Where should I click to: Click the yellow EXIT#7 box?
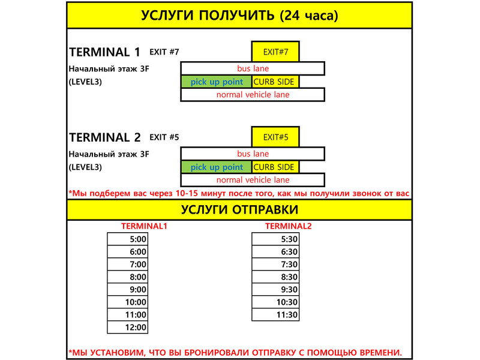pyautogui.click(x=275, y=52)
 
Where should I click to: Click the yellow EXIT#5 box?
pyautogui.click(x=275, y=137)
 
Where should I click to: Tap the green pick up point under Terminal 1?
pyautogui.click(x=216, y=82)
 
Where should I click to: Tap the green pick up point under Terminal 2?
pyautogui.click(x=216, y=167)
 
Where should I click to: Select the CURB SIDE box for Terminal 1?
pyautogui.click(x=274, y=82)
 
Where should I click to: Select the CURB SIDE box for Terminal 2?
pyautogui.click(x=274, y=167)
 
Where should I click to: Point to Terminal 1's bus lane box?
pyautogui.click(x=253, y=68)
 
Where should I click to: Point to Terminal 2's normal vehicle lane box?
pyautogui.click(x=253, y=180)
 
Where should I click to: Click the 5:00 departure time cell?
pyautogui.click(x=127, y=239)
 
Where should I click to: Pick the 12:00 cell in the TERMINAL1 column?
pyautogui.click(x=127, y=327)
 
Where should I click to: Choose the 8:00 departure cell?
pyautogui.click(x=127, y=277)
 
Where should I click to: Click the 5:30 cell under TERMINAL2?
pyautogui.click(x=275, y=239)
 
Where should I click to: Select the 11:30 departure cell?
pyautogui.click(x=275, y=314)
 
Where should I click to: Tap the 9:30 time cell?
pyautogui.click(x=275, y=289)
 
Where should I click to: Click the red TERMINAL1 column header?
pyautogui.click(x=144, y=226)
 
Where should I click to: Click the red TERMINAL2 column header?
pyautogui.click(x=289, y=226)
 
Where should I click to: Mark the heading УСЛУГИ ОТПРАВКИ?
pyautogui.click(x=239, y=209)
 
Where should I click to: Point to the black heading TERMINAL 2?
pyautogui.click(x=105, y=137)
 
